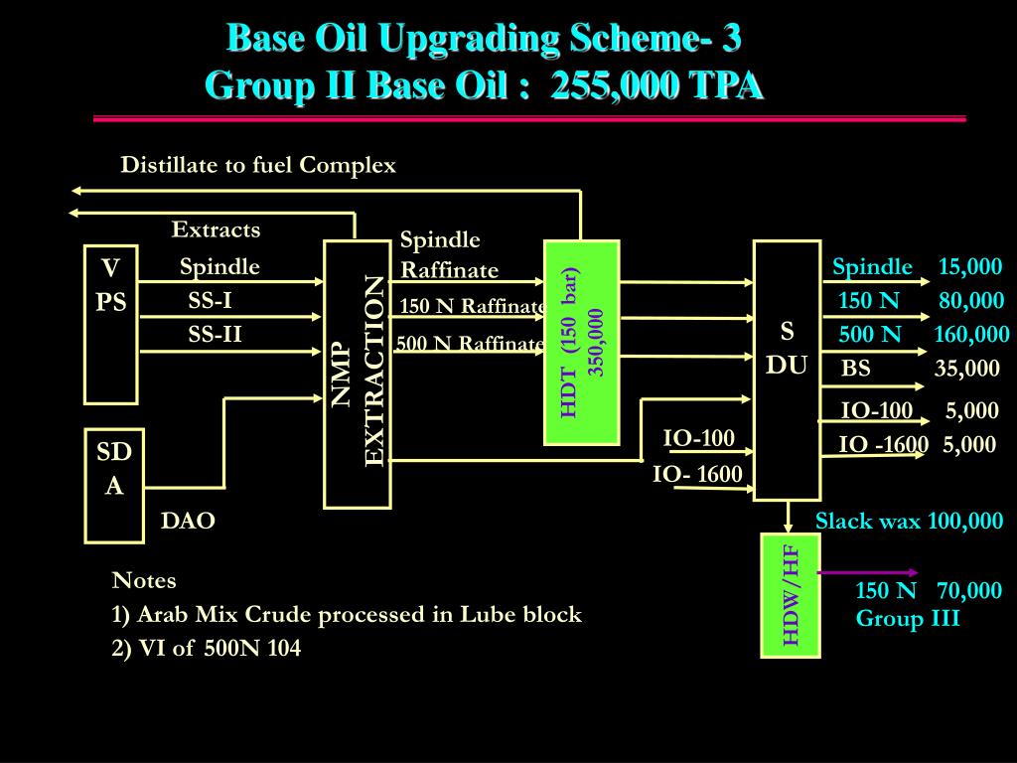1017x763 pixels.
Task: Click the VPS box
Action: coord(110,324)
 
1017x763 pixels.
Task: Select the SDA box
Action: coord(114,486)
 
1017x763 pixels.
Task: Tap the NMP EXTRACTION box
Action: coord(358,374)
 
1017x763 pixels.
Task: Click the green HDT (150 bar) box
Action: coord(582,343)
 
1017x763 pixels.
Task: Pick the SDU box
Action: coord(787,370)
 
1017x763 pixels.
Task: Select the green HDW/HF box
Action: coord(791,595)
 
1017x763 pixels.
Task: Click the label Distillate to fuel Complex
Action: coord(258,165)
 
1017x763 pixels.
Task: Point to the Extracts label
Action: coord(216,230)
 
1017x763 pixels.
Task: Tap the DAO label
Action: coord(189,522)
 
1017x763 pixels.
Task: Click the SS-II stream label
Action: coord(216,335)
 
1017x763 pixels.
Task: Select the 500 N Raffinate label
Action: coord(471,344)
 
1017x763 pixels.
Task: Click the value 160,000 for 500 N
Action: coord(970,335)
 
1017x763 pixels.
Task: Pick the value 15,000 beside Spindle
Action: coord(970,267)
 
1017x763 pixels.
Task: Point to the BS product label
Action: coord(856,370)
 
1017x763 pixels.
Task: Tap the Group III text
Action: coord(908,619)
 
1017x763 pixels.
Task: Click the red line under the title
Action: coord(529,118)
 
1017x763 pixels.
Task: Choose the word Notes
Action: coord(144,580)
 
